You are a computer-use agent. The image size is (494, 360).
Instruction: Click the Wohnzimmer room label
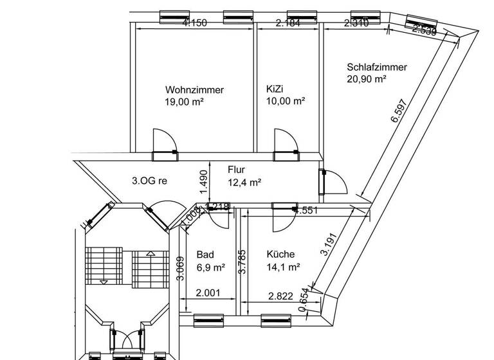(194, 90)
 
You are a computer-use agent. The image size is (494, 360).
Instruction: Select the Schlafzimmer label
(376, 67)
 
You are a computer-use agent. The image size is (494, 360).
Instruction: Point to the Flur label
(236, 170)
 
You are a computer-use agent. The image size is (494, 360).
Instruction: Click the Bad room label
(206, 254)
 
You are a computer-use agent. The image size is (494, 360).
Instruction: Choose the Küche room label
(280, 254)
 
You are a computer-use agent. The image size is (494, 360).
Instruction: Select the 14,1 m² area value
(284, 266)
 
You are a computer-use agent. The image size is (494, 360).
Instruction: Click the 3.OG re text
(149, 181)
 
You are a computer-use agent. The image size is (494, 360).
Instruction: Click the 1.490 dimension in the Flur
(203, 182)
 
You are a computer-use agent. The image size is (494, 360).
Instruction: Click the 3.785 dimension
(242, 262)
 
